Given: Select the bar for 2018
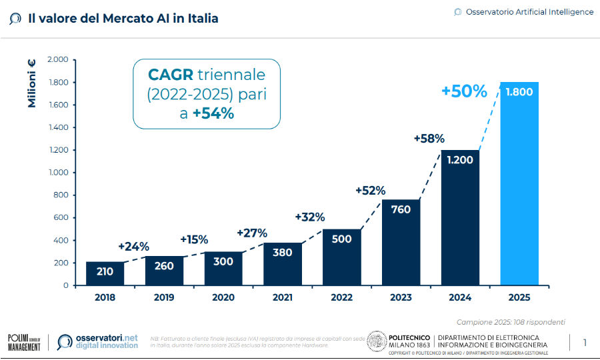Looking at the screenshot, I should point(105,273).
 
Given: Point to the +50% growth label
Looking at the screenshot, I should point(464,91).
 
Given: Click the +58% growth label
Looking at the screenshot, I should point(429,139).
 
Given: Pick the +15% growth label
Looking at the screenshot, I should point(193,239).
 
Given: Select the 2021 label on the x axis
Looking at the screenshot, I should point(282,298).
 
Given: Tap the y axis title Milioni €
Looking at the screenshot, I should point(31,83).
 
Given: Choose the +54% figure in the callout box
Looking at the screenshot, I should point(213,113).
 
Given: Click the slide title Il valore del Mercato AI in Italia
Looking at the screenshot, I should point(123,19).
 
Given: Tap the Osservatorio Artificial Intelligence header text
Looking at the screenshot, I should point(529,12).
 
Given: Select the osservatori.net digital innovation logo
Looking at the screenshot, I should point(98,342).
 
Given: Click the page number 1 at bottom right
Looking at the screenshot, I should point(585,343).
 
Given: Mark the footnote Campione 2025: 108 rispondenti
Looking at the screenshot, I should point(511,321).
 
